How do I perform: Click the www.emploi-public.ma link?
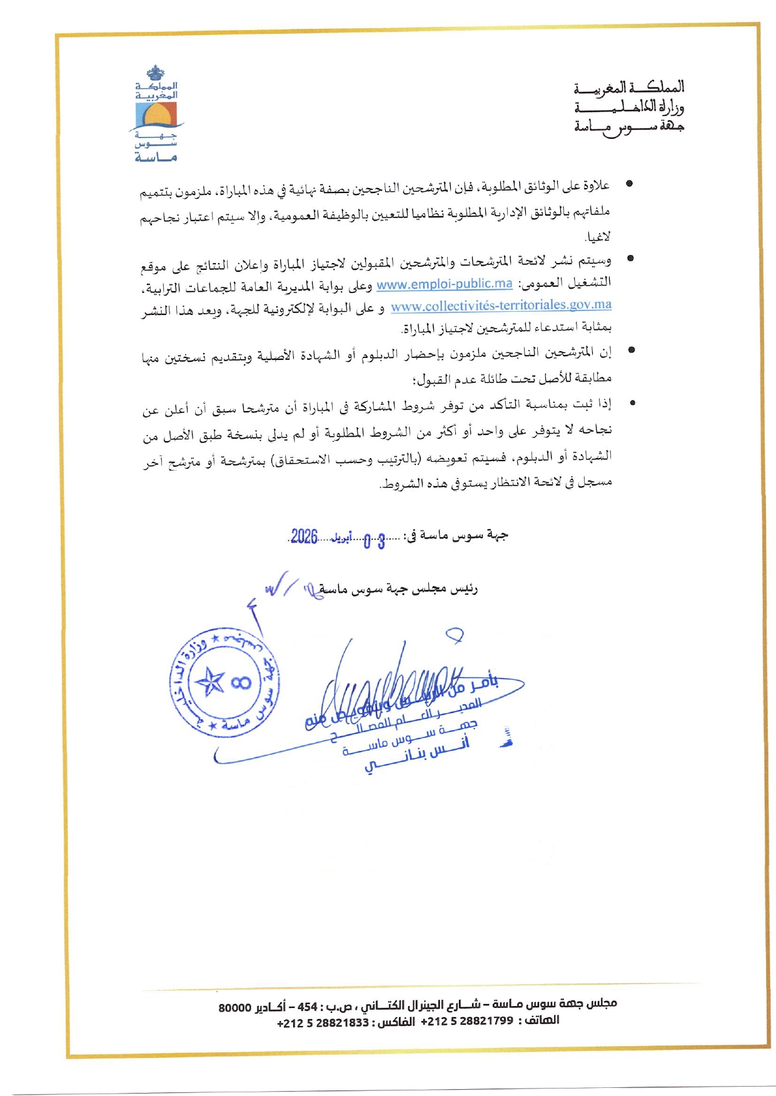pos(444,284)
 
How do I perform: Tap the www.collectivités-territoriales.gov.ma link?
pos(501,306)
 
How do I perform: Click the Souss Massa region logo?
pos(156,114)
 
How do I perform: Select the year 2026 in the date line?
pos(305,536)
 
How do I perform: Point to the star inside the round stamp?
pos(211,682)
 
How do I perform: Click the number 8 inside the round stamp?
pos(241,682)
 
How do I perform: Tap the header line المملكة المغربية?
pos(629,87)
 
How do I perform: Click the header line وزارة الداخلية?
pos(629,107)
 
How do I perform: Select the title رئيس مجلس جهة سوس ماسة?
pos(398,589)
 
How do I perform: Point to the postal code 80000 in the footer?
pos(234,1007)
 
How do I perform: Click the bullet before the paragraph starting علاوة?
pos(630,184)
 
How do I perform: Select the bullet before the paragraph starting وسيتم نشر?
pos(630,257)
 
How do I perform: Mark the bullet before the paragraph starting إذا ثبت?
pos(632,403)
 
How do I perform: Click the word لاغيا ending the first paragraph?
pos(597,237)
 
